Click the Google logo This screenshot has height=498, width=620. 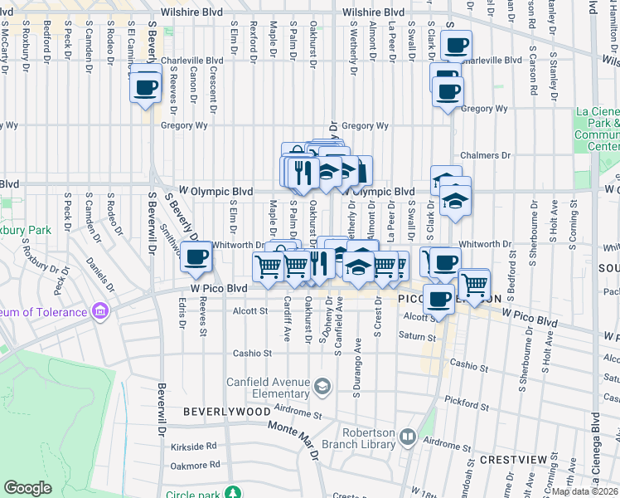(x=28, y=488)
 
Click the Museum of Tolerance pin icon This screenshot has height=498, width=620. (x=101, y=312)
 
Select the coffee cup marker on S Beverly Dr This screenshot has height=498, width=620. (x=196, y=257)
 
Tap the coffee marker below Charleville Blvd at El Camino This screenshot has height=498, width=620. (x=146, y=86)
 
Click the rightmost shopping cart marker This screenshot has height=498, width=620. (x=474, y=284)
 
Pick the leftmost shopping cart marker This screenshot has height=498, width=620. (x=268, y=266)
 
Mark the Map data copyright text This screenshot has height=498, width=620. (x=585, y=491)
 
